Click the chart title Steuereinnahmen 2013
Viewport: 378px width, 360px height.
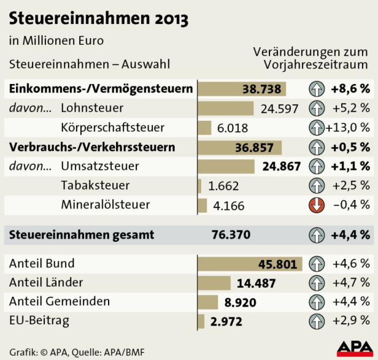point(98,18)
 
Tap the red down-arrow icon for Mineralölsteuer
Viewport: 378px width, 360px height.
point(317,205)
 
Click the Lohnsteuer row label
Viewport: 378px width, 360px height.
point(92,109)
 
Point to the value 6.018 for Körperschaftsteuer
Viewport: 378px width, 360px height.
point(233,128)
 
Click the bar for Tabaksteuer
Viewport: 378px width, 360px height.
point(199,186)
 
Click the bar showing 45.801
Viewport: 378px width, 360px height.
point(250,264)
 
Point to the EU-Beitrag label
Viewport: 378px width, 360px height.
point(39,320)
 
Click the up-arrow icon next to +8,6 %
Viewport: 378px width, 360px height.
point(317,90)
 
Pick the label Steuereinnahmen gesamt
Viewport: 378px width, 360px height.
point(82,235)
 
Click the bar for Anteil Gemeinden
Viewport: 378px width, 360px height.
point(208,302)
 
